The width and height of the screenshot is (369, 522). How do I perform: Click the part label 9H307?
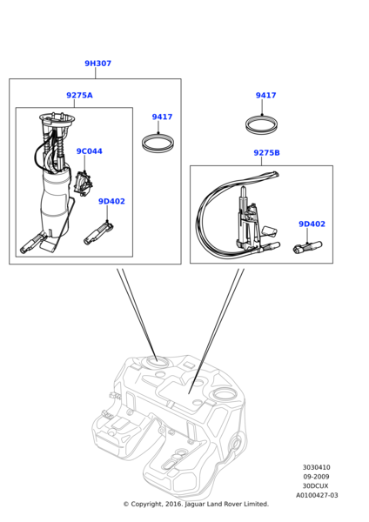98,64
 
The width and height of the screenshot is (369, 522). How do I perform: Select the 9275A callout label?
79,95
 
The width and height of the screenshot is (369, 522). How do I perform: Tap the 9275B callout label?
267,153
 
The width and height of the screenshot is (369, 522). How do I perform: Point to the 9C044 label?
90,151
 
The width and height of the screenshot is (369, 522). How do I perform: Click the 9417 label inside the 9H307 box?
162,117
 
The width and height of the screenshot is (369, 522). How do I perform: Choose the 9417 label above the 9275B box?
265,95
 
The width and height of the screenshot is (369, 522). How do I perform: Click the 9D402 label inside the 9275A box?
111,202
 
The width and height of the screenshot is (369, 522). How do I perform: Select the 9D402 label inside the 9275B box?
312,224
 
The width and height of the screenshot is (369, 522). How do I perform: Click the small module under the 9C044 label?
83,184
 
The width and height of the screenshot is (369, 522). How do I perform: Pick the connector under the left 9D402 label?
98,234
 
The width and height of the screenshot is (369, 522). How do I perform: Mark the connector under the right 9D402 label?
307,247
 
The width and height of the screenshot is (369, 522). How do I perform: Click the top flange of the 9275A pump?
57,117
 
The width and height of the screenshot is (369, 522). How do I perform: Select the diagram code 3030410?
317,467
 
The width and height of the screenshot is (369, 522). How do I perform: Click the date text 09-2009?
316,477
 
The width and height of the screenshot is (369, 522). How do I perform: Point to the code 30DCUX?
315,486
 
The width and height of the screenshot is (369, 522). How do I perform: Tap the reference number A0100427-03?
317,495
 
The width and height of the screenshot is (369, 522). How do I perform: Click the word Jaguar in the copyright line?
195,505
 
